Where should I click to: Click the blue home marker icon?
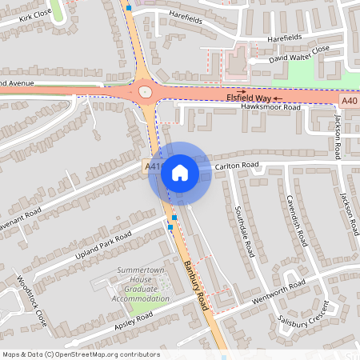click(180, 173)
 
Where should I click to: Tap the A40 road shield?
click(349, 102)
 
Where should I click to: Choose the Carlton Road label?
click(238, 165)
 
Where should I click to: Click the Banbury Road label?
click(196, 286)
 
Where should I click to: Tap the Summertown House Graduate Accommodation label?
click(144, 285)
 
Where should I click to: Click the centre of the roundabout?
click(145, 91)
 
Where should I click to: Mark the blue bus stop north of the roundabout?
click(129, 9)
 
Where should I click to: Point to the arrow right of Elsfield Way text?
click(278, 98)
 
